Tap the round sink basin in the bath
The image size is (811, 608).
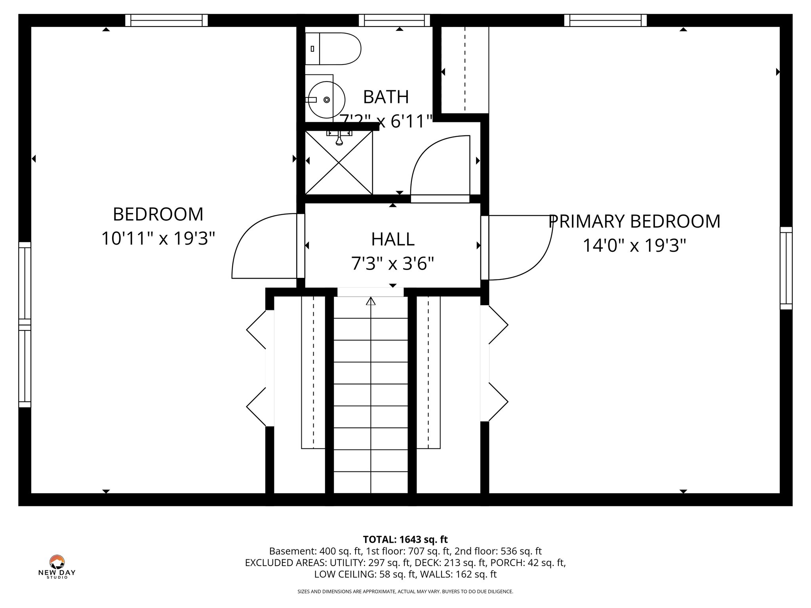[326, 100]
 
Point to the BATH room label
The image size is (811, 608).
[386, 97]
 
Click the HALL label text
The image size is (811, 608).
[392, 239]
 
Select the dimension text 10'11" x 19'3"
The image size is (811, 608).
[158, 239]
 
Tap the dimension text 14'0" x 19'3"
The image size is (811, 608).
[634, 245]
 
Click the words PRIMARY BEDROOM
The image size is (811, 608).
[634, 221]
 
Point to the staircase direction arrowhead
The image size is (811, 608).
[371, 301]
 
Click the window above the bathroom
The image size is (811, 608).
[394, 20]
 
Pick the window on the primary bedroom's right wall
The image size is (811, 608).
[786, 268]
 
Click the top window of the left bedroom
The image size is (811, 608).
[166, 20]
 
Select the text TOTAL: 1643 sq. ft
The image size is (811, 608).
[405, 540]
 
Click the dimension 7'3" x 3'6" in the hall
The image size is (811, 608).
[392, 263]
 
